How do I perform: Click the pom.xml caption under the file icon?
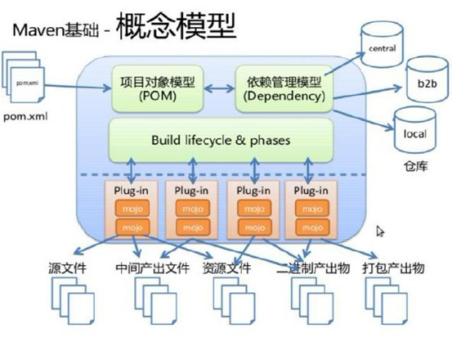point(27,117)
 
